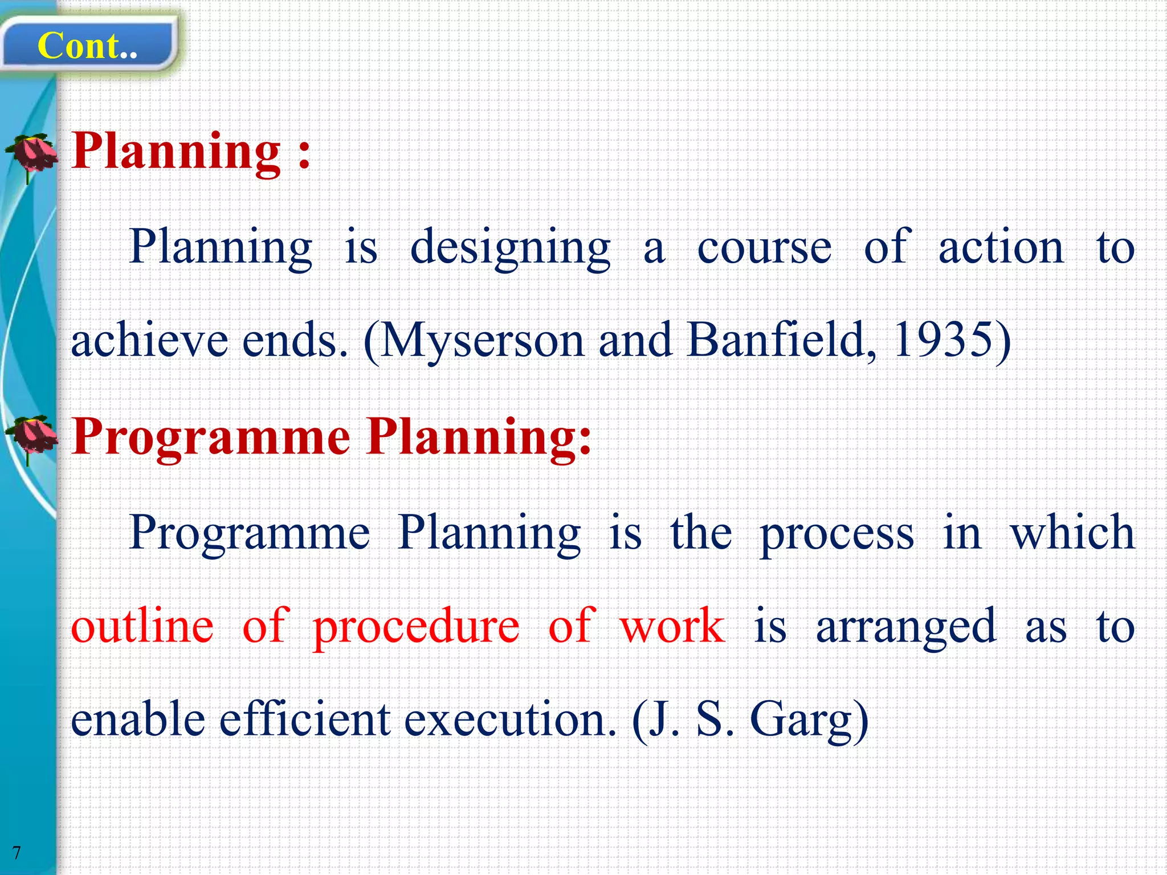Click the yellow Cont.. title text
point(87,46)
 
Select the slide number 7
point(17,853)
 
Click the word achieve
point(149,340)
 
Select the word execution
point(510,720)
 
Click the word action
point(1001,247)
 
